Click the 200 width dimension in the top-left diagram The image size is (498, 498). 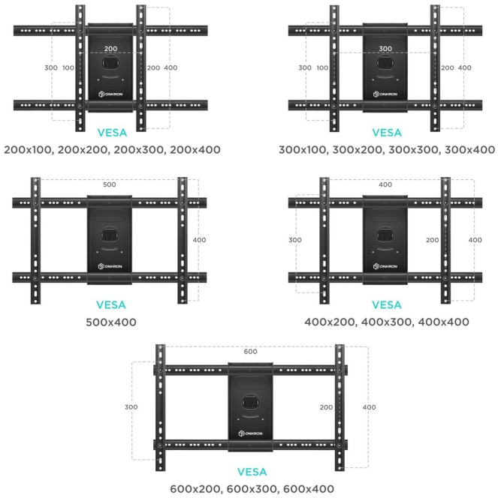pos(110,48)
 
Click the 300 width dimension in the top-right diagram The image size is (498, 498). pos(385,48)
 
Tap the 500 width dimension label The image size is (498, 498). pos(110,184)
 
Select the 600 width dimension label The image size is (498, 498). pos(250,352)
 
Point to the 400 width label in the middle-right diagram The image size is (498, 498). pos(385,184)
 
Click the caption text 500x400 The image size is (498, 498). pos(111,322)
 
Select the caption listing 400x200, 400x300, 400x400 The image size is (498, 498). pos(386,322)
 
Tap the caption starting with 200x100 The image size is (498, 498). pos(112,149)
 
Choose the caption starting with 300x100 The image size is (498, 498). pos(386,149)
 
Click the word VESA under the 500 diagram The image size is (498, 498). pos(111,305)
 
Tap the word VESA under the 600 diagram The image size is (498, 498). pos(252,472)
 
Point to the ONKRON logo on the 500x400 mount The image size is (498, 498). pos(110,267)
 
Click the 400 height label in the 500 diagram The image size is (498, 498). pos(200,240)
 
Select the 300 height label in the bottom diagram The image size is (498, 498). pos(131,407)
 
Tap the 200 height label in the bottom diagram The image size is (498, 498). pos(325,407)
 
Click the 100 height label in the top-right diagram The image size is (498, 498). pos(323,68)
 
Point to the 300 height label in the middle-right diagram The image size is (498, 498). pos(295,240)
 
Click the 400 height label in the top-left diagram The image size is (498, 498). pos(171,68)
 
